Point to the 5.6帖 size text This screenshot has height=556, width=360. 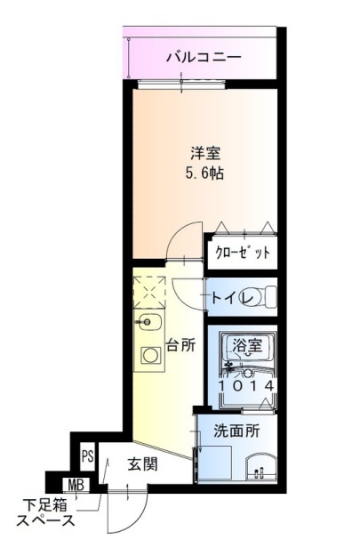204,173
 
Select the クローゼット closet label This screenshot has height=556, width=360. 242,253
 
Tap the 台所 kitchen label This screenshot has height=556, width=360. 180,345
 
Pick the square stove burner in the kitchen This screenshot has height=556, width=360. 150,357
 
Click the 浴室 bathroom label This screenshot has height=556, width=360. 245,344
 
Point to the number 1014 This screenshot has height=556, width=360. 244,386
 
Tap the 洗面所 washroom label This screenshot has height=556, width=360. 236,431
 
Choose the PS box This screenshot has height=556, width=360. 87,455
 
